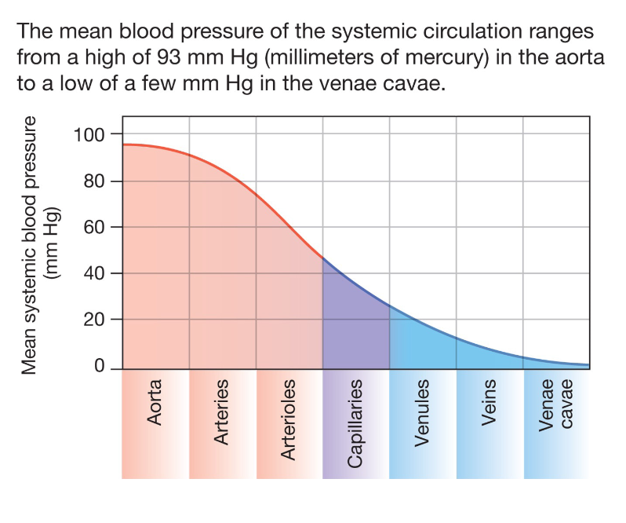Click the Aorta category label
click(x=155, y=403)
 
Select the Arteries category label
click(x=221, y=411)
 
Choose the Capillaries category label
click(x=355, y=424)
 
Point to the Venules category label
click(x=423, y=413)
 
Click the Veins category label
click(x=490, y=404)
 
